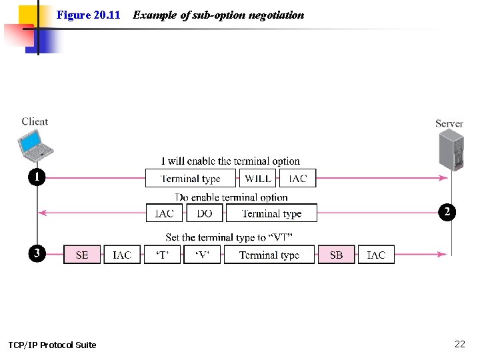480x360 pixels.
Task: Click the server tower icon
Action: (449, 150)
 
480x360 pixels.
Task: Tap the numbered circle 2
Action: (447, 212)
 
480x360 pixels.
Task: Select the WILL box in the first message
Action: (258, 179)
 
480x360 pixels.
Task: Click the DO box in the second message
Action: (205, 213)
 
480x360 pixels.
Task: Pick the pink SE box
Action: (82, 255)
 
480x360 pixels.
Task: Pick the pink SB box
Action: (337, 255)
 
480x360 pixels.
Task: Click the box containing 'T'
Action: (162, 255)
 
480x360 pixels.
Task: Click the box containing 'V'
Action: (202, 255)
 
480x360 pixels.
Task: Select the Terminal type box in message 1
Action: (191, 179)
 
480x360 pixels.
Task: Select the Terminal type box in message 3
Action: (269, 255)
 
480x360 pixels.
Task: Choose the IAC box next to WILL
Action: (297, 179)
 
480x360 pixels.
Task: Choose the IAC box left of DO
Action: (164, 213)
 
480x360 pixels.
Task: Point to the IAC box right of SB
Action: (376, 255)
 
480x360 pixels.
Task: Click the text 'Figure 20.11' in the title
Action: (88, 15)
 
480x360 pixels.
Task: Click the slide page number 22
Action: (459, 344)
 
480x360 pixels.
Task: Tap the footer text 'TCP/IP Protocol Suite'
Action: (52, 345)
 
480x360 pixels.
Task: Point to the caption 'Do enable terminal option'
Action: (231, 197)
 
